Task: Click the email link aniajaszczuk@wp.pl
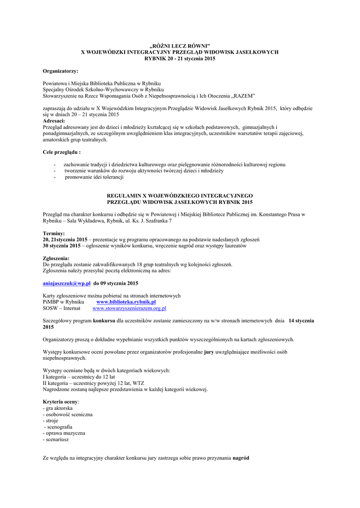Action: (67, 283)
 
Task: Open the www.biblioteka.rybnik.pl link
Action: (126, 302)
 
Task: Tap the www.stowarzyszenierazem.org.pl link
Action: (129, 308)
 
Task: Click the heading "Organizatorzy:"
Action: (61, 71)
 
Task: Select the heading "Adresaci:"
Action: (54, 121)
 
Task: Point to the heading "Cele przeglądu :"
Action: (62, 152)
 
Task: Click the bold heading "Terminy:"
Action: (54, 233)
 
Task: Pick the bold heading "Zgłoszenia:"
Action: (56, 258)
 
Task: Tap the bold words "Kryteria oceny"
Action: (61, 401)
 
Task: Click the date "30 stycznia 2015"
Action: (62, 246)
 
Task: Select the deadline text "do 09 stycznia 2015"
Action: (116, 283)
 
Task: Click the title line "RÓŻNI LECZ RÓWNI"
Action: (180, 46)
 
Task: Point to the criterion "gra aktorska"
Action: (59, 408)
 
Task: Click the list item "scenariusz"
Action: (57, 440)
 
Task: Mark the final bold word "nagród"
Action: (241, 458)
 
